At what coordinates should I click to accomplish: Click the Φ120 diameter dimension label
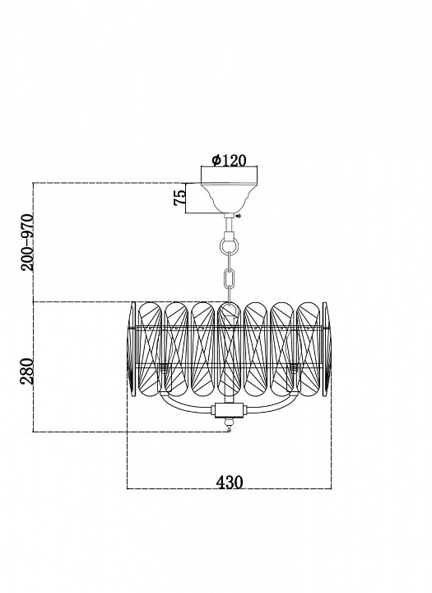[x=229, y=161]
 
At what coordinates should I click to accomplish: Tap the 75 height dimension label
[x=180, y=198]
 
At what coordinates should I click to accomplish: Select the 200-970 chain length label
[x=27, y=242]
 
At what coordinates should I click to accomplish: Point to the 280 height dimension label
[x=27, y=371]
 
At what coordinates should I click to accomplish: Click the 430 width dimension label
[x=230, y=482]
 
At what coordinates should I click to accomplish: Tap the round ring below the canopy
[x=229, y=246]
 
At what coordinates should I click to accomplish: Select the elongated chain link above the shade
[x=229, y=278]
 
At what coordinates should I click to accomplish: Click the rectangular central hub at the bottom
[x=229, y=410]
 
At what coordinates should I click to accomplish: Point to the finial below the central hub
[x=228, y=424]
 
